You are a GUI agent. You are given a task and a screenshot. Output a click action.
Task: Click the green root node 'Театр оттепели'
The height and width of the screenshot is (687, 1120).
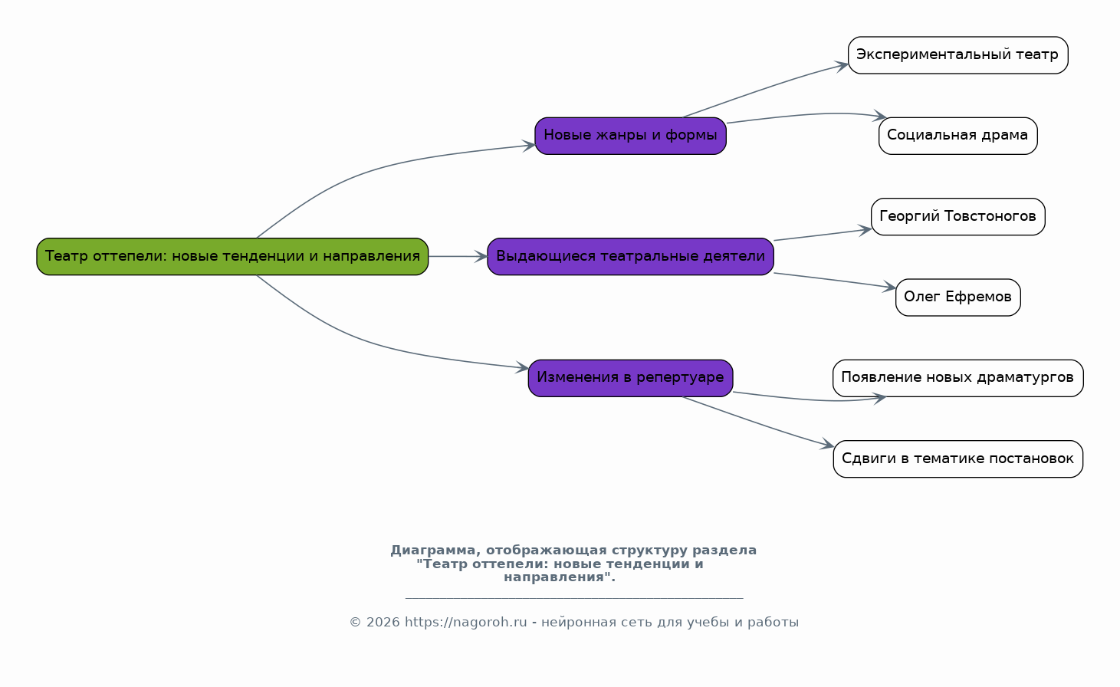tap(232, 257)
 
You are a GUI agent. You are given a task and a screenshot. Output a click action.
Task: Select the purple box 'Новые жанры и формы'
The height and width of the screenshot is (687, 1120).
tap(630, 136)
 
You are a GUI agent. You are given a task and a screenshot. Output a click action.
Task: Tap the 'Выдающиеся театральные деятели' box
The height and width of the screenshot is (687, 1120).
tap(630, 257)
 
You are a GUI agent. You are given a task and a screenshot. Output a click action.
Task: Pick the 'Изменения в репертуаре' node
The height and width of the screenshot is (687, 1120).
tap(630, 378)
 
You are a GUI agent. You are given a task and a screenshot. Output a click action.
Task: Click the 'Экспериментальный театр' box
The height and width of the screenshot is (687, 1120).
tap(958, 55)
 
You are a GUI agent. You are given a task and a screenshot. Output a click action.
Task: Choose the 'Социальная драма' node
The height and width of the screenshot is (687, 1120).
tap(958, 136)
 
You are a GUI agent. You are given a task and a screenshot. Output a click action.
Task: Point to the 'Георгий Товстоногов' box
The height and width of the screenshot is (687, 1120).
tap(958, 216)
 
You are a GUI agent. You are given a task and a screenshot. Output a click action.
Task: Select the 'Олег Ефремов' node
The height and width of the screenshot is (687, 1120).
tap(958, 297)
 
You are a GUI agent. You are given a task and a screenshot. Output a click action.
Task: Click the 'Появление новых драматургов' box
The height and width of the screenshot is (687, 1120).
tap(958, 378)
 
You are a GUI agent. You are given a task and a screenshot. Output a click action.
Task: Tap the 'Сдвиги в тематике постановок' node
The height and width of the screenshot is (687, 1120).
tap(958, 459)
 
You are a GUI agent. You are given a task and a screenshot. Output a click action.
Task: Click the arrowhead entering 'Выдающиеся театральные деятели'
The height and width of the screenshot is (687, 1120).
tap(481, 257)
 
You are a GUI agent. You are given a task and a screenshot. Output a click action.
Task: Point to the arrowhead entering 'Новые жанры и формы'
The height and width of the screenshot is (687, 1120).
tap(529, 146)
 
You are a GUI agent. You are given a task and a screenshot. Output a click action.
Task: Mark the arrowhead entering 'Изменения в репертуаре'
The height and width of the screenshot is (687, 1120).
tap(523, 367)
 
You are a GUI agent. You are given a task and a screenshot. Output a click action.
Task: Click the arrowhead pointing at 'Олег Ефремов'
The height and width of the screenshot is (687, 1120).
tap(889, 287)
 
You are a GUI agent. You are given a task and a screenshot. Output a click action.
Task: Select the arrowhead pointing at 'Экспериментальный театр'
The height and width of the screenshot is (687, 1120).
tap(842, 65)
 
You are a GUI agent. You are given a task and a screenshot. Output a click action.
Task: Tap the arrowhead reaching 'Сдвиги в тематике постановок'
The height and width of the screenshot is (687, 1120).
tap(827, 444)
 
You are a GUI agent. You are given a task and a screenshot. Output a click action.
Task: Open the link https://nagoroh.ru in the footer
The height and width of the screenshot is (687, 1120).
tap(465, 623)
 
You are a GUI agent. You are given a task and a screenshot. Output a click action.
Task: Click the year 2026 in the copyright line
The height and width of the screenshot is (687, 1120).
tap(383, 623)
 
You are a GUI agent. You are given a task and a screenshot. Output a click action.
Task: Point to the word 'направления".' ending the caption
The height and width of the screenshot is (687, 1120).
tap(560, 577)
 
